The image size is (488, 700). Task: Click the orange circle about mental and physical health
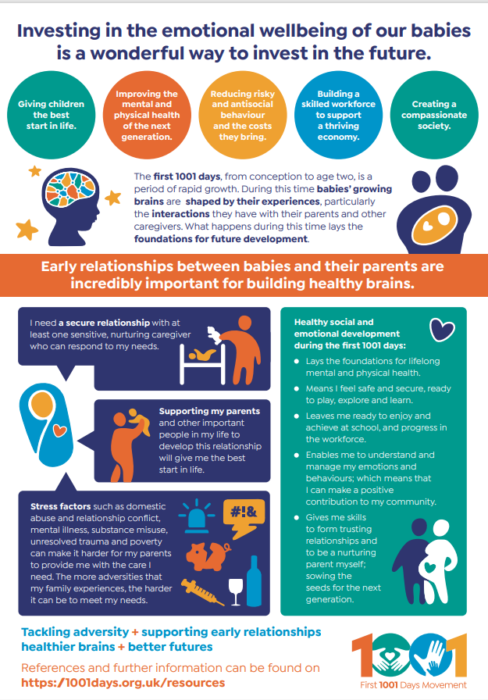click(147, 115)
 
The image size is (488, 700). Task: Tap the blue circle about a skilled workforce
click(338, 115)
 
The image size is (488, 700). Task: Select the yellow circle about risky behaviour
click(243, 115)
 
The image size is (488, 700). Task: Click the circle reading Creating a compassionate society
click(434, 115)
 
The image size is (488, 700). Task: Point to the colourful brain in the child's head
click(71, 189)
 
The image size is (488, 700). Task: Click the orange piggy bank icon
click(208, 555)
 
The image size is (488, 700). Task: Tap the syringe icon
click(203, 592)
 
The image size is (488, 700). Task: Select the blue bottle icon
click(254, 580)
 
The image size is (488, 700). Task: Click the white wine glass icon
click(236, 592)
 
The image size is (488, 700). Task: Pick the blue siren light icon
click(196, 516)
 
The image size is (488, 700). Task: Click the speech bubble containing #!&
click(243, 518)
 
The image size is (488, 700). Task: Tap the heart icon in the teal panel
click(442, 330)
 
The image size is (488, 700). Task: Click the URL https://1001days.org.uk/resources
click(123, 683)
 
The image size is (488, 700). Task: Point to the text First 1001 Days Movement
click(414, 685)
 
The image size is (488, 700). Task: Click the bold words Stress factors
click(61, 506)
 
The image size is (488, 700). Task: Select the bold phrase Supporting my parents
click(209, 411)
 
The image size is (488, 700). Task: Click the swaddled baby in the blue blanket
click(46, 424)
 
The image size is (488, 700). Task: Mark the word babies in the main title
click(440, 30)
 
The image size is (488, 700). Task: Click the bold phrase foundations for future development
click(221, 239)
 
